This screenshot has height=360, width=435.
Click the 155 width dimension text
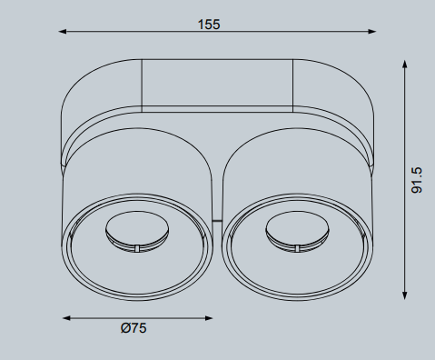209,25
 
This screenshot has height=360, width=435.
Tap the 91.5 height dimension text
417,180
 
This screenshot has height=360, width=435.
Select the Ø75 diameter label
133,328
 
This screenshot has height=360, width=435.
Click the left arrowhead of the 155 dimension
63,31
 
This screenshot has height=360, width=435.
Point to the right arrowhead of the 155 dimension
372,31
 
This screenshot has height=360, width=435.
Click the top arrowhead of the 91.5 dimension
405,64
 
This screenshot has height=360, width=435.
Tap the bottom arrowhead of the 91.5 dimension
405,295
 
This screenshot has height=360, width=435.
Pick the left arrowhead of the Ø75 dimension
66,318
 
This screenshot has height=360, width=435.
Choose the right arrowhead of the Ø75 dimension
209,318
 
